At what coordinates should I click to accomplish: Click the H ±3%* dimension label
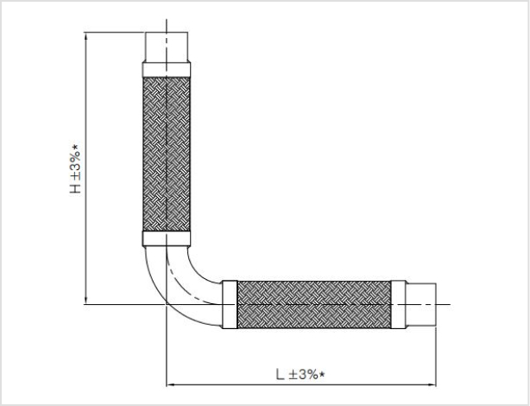[x=75, y=169]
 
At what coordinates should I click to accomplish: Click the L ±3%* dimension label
[x=300, y=374]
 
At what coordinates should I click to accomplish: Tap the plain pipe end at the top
[x=167, y=47]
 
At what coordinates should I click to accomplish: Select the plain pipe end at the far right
[x=421, y=305]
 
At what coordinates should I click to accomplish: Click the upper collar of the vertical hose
[x=167, y=70]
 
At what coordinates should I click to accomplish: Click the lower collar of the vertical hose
[x=167, y=238]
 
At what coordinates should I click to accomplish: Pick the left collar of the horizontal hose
[x=230, y=304]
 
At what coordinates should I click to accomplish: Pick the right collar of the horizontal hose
[x=398, y=304]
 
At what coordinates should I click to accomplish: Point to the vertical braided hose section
[x=167, y=155]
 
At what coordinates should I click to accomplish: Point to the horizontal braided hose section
[x=314, y=304]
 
